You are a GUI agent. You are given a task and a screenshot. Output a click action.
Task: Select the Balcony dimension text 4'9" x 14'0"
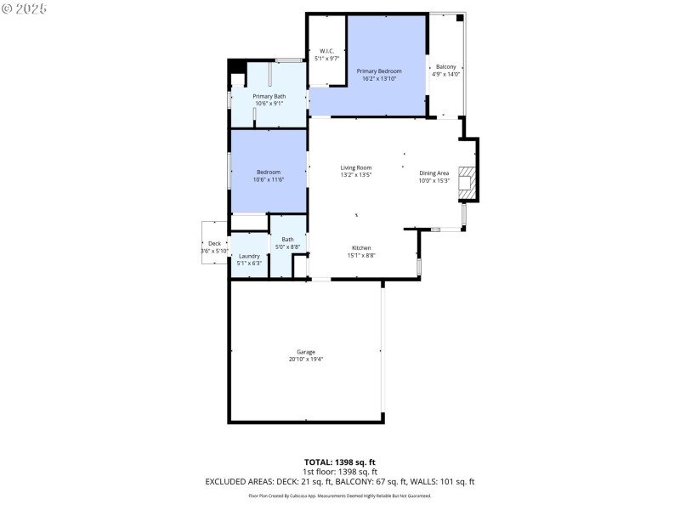click(446, 74)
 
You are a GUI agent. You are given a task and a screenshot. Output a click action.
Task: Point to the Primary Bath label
click(269, 96)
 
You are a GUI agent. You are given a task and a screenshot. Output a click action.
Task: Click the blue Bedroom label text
click(269, 173)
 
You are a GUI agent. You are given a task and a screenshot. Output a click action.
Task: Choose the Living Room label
click(356, 167)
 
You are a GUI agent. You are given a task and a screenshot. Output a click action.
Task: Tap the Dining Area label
click(433, 173)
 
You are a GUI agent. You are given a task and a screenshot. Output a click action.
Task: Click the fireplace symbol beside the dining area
click(467, 182)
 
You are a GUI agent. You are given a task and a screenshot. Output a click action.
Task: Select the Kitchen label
click(361, 247)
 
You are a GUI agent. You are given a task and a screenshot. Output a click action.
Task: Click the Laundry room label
click(249, 256)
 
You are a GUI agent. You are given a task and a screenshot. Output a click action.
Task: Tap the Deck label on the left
click(214, 244)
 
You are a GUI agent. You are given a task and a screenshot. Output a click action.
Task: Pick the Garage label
click(306, 352)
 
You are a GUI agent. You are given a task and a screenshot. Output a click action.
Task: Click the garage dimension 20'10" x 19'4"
click(306, 360)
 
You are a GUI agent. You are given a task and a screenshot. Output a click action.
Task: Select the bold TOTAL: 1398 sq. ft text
click(340, 462)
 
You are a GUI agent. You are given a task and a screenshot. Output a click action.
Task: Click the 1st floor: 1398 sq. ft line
click(340, 471)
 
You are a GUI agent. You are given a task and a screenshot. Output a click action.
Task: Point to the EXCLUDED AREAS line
click(340, 481)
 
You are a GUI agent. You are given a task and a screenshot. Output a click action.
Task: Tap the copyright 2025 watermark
click(25, 8)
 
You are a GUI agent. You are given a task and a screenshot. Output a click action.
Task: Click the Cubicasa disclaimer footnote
click(340, 496)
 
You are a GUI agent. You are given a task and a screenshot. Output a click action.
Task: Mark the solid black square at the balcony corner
click(460, 17)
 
